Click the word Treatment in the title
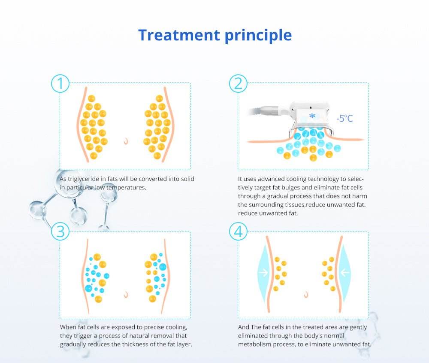[x=179, y=35]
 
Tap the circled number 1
[x=60, y=83]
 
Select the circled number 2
[x=238, y=83]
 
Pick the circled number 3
[x=60, y=231]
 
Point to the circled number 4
[x=238, y=231]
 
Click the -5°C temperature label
[x=345, y=119]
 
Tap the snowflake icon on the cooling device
[x=312, y=116]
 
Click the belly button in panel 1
[x=126, y=141]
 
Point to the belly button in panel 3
[x=126, y=295]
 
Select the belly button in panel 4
[x=306, y=295]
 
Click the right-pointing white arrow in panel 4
[x=263, y=273]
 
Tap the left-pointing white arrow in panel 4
[x=345, y=273]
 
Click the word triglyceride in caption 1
[x=84, y=179]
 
